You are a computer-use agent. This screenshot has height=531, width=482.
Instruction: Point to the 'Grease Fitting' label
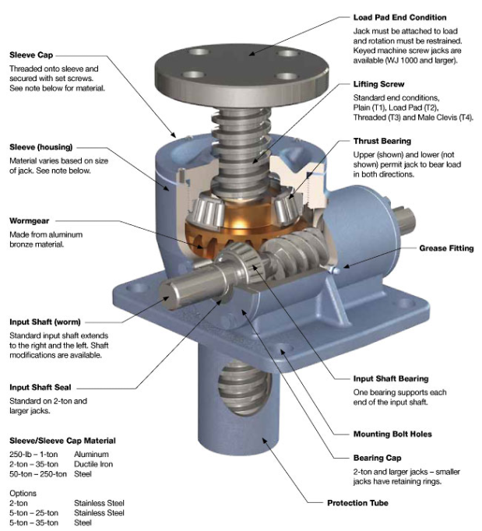coord(446,248)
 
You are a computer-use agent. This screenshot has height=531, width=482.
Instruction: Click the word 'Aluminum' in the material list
coord(91,454)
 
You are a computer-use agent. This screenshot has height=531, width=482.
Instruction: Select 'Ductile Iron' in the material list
coord(94,464)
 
